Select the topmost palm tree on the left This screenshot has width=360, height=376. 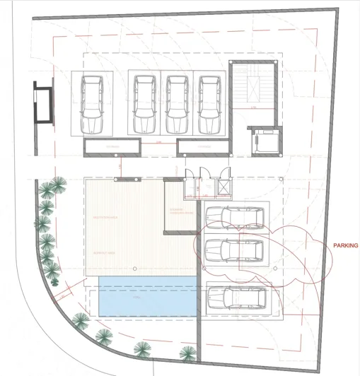(x=52, y=189)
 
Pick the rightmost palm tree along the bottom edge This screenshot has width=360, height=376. (x=188, y=353)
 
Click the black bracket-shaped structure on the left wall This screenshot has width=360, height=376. (x=41, y=104)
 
